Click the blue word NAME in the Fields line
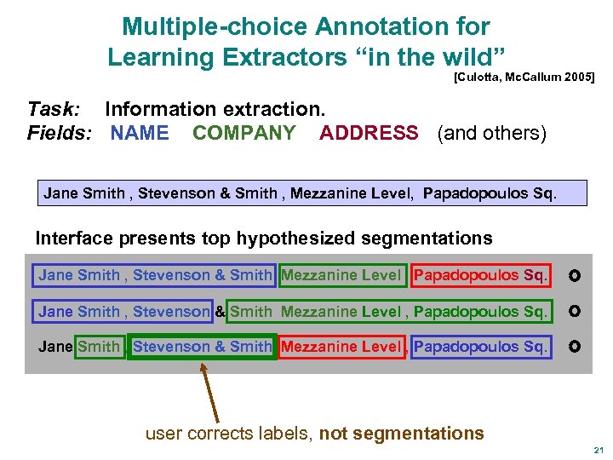(140, 133)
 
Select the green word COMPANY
(244, 133)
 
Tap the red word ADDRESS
(369, 133)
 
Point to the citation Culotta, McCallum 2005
(524, 78)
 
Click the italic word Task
(54, 109)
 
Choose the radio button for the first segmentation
(575, 276)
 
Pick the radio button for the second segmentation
(575, 312)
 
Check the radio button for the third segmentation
(575, 348)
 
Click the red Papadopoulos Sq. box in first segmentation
(481, 275)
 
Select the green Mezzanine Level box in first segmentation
(341, 275)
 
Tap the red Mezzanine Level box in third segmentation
(341, 347)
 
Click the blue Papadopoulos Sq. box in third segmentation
(480, 347)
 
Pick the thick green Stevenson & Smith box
(202, 347)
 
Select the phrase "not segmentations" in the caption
(401, 434)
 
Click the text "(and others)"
(491, 133)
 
